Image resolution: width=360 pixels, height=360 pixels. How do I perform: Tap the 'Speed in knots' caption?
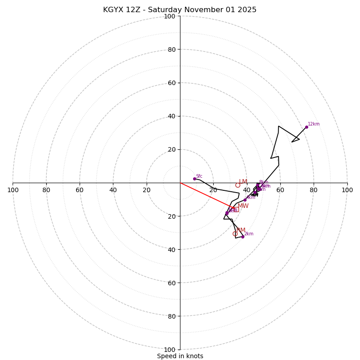point(180,356)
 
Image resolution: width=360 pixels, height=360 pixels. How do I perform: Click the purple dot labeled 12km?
point(306,127)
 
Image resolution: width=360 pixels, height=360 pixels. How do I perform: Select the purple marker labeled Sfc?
point(194,179)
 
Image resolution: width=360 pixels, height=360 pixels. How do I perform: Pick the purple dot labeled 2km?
point(243,237)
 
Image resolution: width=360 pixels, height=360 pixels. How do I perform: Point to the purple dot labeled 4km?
point(245,200)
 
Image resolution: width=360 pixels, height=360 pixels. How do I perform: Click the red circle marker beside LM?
point(238,185)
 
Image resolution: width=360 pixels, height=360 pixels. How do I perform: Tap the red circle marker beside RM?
point(235,234)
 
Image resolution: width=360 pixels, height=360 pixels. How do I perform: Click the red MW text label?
point(243,206)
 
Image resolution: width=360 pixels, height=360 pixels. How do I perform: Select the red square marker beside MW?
point(236,210)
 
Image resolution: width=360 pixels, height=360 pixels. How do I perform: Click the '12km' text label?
point(314,124)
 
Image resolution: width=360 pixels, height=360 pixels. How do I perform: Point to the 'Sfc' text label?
point(199,176)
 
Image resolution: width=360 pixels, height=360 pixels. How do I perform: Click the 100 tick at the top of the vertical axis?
point(169,16)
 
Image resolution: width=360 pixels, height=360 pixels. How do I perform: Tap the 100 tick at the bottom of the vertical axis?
point(169,350)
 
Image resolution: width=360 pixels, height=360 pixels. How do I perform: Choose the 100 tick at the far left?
point(13,190)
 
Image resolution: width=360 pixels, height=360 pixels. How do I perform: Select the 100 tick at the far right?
point(347,190)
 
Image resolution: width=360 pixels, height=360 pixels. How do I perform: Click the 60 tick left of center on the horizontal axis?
point(80,190)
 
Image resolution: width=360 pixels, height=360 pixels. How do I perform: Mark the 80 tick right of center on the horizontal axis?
point(314,190)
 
